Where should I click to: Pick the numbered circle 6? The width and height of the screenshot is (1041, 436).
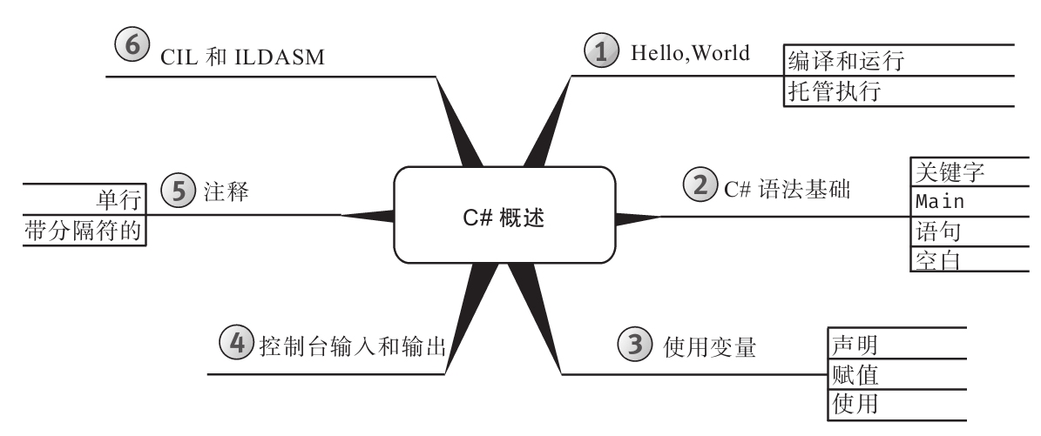pyautogui.click(x=132, y=47)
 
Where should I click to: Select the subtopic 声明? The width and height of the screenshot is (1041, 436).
pyautogui.click(x=852, y=344)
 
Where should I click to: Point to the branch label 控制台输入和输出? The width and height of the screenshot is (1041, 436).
pyautogui.click(x=354, y=347)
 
